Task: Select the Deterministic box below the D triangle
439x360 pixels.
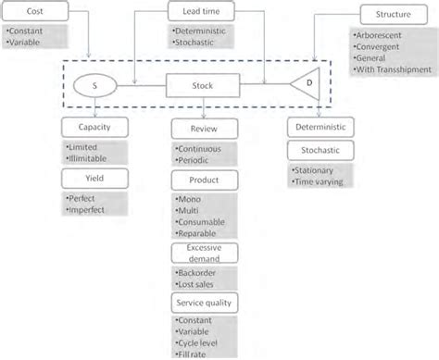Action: coord(318,129)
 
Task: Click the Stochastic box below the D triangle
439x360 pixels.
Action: coord(318,149)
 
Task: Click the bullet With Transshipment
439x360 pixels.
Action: coord(389,68)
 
